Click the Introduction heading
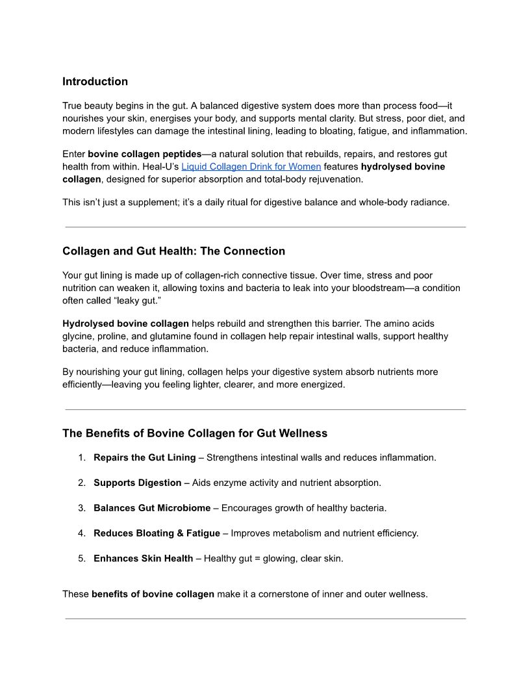[x=95, y=82]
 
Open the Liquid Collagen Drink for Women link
[x=251, y=167]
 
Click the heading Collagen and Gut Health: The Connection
[x=173, y=251]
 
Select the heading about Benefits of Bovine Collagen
[x=195, y=433]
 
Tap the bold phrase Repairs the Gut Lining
[x=144, y=458]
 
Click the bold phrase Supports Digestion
[x=137, y=483]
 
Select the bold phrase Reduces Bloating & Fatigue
[x=157, y=533]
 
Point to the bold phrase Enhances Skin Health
[x=143, y=559]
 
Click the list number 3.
[x=82, y=508]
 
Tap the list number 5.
[x=82, y=559]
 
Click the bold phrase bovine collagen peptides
[x=144, y=155]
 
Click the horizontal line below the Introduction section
[x=265, y=227]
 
